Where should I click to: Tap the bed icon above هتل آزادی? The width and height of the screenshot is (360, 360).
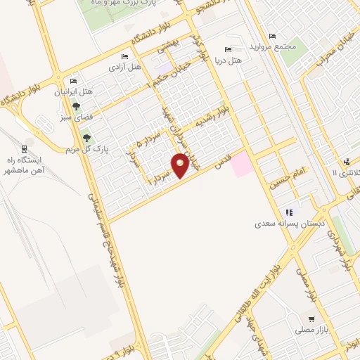tap(125, 57)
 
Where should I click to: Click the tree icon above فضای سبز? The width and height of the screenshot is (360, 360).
tap(75, 106)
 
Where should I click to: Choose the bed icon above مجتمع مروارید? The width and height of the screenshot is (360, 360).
tap(273, 37)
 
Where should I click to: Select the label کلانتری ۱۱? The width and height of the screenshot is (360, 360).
tap(345, 173)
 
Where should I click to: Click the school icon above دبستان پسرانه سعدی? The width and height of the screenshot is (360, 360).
tap(288, 212)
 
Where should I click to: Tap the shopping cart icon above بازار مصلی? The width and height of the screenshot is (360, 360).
tap(310, 317)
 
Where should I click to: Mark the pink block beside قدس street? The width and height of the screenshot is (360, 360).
tap(241, 165)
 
